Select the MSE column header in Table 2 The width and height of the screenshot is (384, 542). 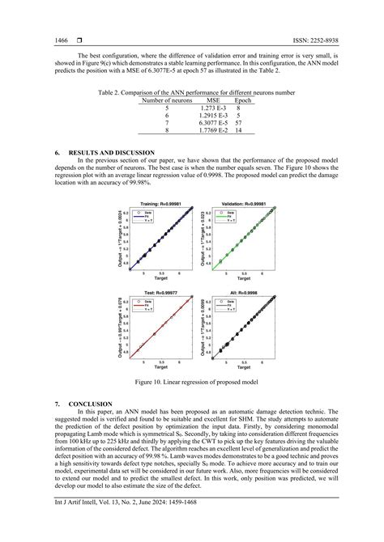tap(215, 100)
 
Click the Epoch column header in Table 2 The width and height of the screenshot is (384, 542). tap(246, 100)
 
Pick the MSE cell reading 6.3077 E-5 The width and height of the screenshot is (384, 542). tap(215, 122)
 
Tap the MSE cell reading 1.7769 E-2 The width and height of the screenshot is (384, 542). tap(215, 130)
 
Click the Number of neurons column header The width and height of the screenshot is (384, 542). tap(168, 100)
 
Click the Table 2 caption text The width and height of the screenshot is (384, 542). tap(191, 92)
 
